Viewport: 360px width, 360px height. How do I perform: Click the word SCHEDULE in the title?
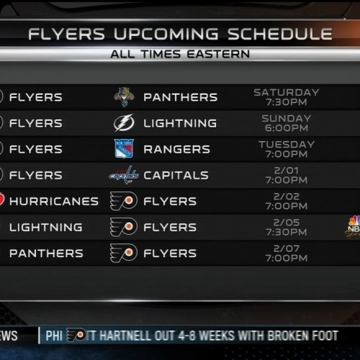(x=280, y=34)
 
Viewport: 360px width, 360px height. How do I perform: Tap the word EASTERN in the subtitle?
(x=218, y=54)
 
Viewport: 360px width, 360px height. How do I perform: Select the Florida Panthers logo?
(x=124, y=97)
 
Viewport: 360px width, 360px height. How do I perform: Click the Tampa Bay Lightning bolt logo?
(x=124, y=123)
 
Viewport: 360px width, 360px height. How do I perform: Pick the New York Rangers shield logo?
(x=124, y=149)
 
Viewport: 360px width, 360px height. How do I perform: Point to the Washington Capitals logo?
(x=124, y=175)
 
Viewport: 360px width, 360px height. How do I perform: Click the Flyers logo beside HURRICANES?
(x=124, y=201)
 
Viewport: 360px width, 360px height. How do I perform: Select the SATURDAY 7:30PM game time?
(x=287, y=97)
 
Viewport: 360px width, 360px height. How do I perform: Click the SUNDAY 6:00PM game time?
(x=287, y=123)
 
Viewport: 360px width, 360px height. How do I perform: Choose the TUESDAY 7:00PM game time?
(x=287, y=149)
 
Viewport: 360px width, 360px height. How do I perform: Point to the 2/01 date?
(x=287, y=171)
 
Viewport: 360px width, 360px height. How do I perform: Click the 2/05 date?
(x=287, y=222)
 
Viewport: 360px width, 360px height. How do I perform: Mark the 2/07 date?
(x=287, y=248)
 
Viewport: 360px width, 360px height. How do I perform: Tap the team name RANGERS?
(x=177, y=149)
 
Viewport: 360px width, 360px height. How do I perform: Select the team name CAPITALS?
(x=176, y=175)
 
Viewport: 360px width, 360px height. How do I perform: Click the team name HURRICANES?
(x=54, y=201)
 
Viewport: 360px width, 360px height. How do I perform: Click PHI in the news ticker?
(x=54, y=336)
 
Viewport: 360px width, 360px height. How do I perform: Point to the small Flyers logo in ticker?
(x=76, y=335)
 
